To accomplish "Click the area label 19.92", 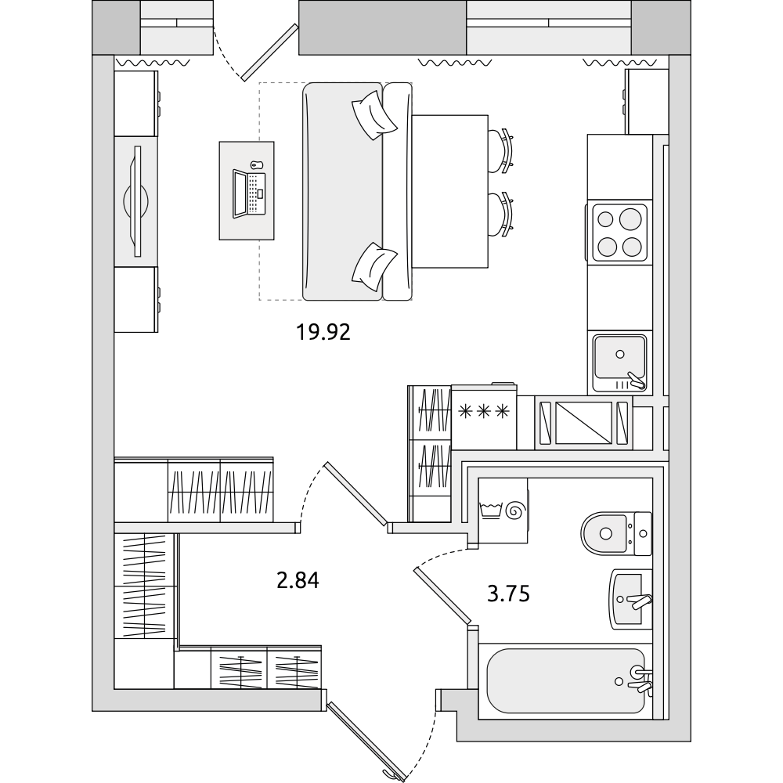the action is (x=323, y=332).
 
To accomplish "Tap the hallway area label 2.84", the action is (x=298, y=580).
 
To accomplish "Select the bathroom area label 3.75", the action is (x=508, y=594).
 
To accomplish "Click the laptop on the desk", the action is (x=249, y=193).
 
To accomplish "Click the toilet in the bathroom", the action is (x=616, y=533).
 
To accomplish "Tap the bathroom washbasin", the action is (x=630, y=599).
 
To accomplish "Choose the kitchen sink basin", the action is (x=619, y=356).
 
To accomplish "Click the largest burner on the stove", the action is (x=630, y=218).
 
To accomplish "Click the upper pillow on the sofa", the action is (x=374, y=115).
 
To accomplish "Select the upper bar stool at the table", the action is (x=500, y=151).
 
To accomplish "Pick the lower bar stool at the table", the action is (x=500, y=215).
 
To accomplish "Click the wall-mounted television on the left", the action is (x=135, y=201).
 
